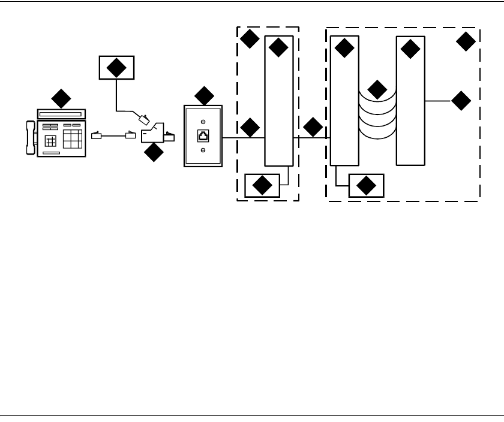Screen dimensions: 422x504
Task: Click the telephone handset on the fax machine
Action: [x=31, y=137]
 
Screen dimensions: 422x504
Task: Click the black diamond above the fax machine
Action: [x=61, y=98]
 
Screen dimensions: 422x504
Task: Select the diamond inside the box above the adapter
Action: [x=116, y=68]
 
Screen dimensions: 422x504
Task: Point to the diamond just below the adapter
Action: [x=154, y=153]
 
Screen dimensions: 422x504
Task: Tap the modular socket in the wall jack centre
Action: [x=203, y=135]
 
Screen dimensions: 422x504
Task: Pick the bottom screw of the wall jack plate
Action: [x=203, y=150]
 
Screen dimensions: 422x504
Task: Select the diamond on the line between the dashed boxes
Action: [x=313, y=127]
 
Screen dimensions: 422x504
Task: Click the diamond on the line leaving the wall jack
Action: [x=250, y=127]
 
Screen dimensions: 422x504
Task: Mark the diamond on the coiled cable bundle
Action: [x=377, y=89]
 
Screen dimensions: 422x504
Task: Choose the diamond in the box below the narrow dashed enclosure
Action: [x=262, y=186]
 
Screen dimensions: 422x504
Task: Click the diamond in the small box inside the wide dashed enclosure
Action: [x=365, y=187]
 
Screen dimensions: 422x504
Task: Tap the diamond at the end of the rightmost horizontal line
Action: [x=461, y=101]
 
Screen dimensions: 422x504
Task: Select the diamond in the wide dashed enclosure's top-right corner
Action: [x=466, y=41]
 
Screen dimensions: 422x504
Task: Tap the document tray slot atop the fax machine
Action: [x=61, y=113]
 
